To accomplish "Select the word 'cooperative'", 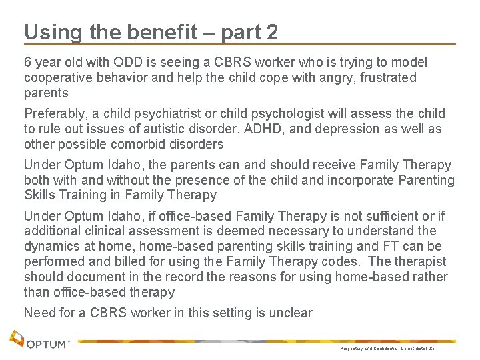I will pyautogui.click(x=57, y=77).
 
